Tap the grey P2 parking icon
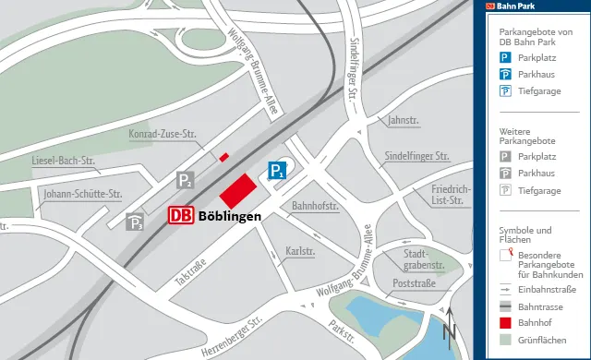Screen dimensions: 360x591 tap(187, 180)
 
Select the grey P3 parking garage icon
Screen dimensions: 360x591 tap(135, 222)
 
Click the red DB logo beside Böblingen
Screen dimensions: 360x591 tap(181, 215)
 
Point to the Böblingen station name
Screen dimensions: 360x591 tap(229, 216)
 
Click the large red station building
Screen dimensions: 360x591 tap(238, 190)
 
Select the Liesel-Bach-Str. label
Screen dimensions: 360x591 tap(64, 160)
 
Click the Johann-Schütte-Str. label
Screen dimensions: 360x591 tap(82, 194)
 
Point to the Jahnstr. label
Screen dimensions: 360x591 tap(404, 120)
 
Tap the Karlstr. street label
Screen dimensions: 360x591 tap(301, 250)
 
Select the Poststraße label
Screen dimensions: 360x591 tap(414, 283)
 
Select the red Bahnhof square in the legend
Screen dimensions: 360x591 tap(505, 322)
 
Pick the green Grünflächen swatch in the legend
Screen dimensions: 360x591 tap(505, 341)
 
